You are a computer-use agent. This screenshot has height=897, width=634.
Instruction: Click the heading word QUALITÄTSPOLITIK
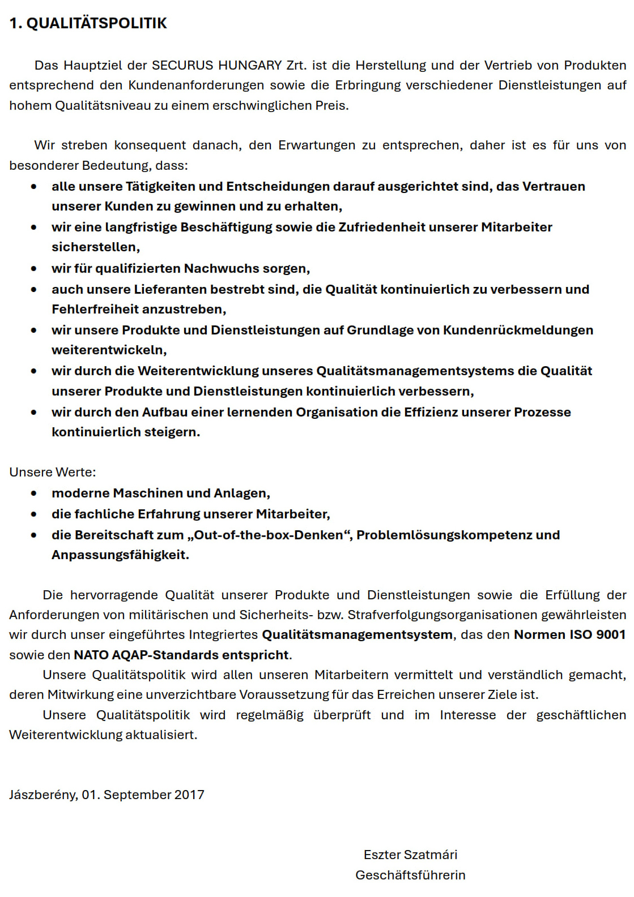pyautogui.click(x=96, y=23)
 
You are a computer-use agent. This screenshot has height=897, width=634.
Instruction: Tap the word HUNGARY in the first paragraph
pyautogui.click(x=250, y=65)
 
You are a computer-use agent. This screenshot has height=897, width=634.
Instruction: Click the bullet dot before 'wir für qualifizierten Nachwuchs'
pyautogui.click(x=34, y=268)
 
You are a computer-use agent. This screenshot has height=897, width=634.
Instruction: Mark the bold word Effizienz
pyautogui.click(x=431, y=412)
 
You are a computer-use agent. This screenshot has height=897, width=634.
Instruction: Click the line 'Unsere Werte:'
pyautogui.click(x=53, y=472)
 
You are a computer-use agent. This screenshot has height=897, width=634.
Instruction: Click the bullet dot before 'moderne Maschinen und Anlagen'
pyautogui.click(x=34, y=493)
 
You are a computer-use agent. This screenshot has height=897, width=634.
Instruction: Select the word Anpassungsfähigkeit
pyautogui.click(x=120, y=555)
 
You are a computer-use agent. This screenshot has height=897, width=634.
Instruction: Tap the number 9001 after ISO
pyautogui.click(x=611, y=634)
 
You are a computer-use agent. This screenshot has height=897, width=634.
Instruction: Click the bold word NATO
pyautogui.click(x=91, y=655)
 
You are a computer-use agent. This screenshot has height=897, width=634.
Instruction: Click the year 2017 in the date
pyautogui.click(x=189, y=795)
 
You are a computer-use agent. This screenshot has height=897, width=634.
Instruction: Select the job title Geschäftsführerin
pyautogui.click(x=410, y=875)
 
